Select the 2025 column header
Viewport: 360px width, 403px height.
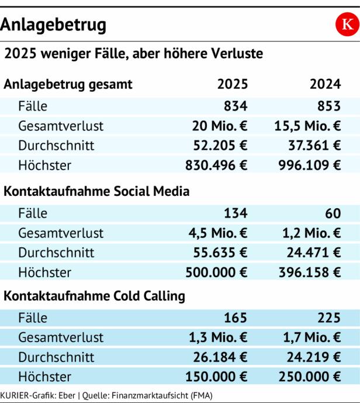tap(233, 84)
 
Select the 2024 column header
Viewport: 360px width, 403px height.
tap(326, 84)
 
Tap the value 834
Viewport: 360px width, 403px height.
tap(236, 106)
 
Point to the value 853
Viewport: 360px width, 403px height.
tap(328, 106)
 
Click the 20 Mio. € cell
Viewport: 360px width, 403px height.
tap(220, 126)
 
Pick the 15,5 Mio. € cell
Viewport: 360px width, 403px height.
tap(307, 126)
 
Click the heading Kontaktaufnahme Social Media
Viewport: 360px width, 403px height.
tap(97, 191)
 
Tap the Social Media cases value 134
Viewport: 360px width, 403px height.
tap(236, 213)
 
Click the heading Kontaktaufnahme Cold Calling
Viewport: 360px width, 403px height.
tap(94, 296)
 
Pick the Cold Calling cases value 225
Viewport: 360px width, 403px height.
tap(328, 318)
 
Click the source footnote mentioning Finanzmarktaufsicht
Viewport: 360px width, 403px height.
tap(106, 396)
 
